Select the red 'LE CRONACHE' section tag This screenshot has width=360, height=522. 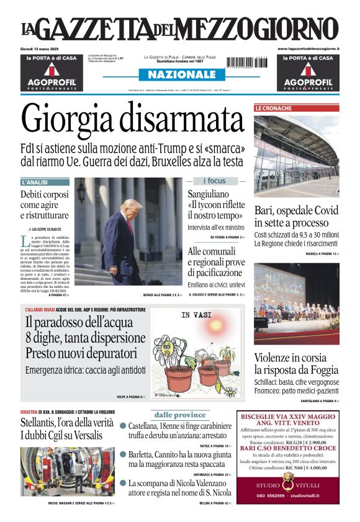click(273, 109)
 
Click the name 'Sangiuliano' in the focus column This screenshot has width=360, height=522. click(210, 194)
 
